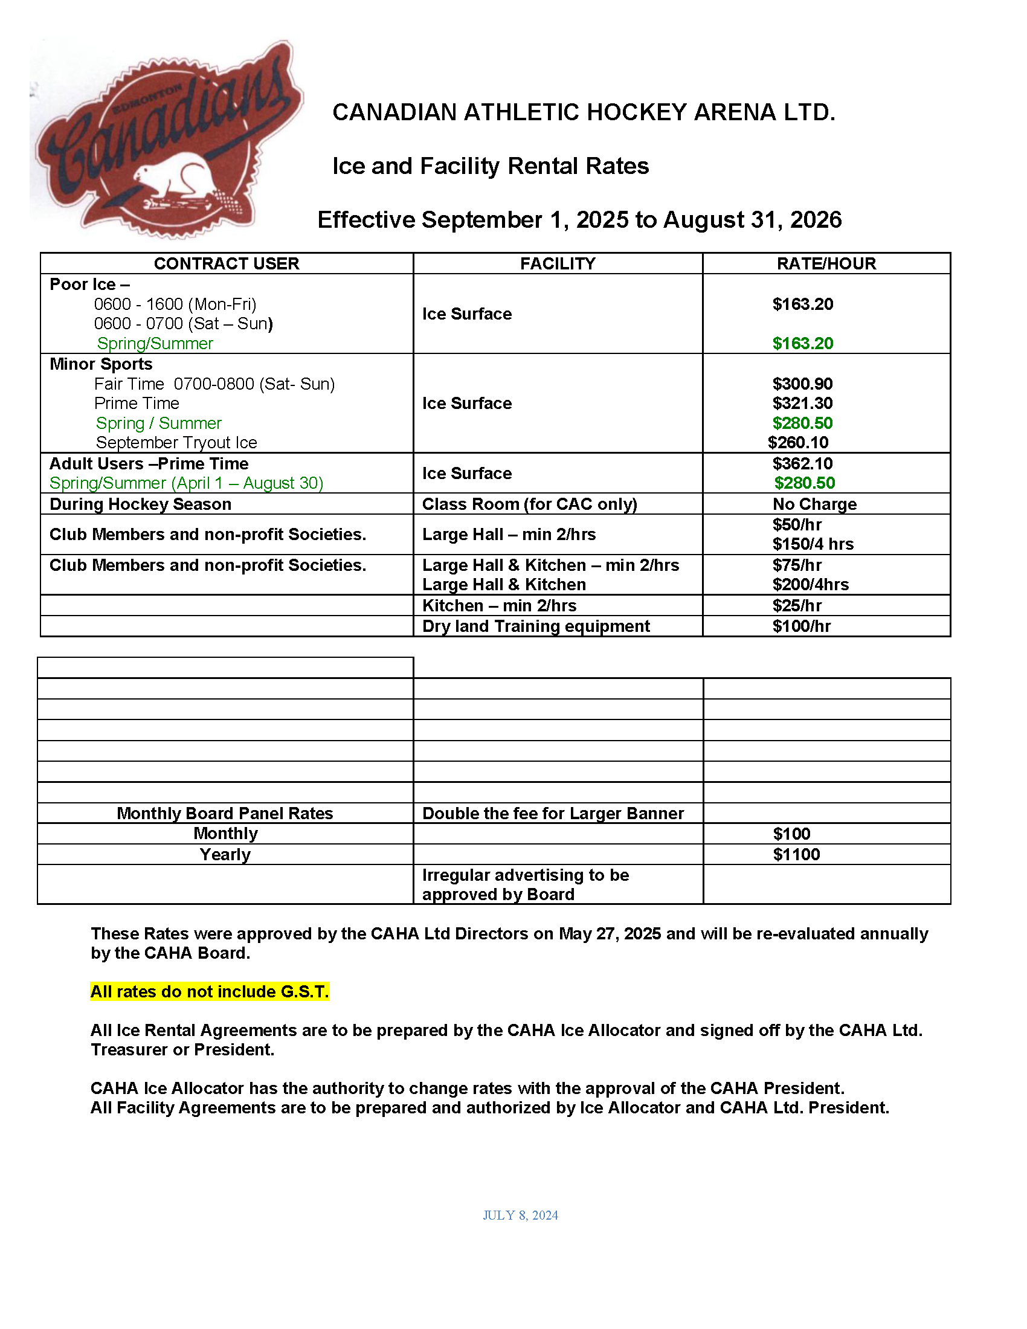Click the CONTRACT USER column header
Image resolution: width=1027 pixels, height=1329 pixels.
(x=227, y=263)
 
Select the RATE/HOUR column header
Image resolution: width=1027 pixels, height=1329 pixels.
(x=826, y=263)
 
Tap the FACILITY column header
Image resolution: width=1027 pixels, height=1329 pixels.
(x=558, y=263)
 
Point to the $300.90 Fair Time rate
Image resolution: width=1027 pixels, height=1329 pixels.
(x=802, y=384)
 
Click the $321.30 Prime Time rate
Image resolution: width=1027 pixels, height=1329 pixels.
(x=802, y=404)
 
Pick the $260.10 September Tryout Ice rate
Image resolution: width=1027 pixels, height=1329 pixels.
(x=798, y=442)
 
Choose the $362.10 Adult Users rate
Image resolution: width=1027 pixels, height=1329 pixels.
(x=802, y=464)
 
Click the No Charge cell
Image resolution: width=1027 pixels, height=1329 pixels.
(x=815, y=504)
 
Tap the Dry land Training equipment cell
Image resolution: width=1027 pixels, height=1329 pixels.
(x=535, y=626)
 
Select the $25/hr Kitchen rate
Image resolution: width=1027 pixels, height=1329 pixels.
(x=797, y=605)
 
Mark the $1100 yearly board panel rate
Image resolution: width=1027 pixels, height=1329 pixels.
(x=796, y=854)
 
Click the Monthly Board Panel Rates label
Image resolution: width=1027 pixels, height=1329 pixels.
(x=225, y=814)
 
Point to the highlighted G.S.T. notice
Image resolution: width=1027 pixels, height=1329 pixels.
(x=210, y=992)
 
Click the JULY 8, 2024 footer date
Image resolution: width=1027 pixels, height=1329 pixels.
(x=520, y=1215)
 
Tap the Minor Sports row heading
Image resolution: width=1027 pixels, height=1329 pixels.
(x=101, y=364)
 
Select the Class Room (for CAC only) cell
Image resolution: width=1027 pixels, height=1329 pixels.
(x=529, y=504)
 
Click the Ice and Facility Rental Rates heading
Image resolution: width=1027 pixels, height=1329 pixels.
(x=491, y=166)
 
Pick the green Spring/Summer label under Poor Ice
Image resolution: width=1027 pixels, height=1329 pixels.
(x=155, y=343)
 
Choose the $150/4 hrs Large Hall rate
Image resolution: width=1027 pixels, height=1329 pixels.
(x=813, y=544)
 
